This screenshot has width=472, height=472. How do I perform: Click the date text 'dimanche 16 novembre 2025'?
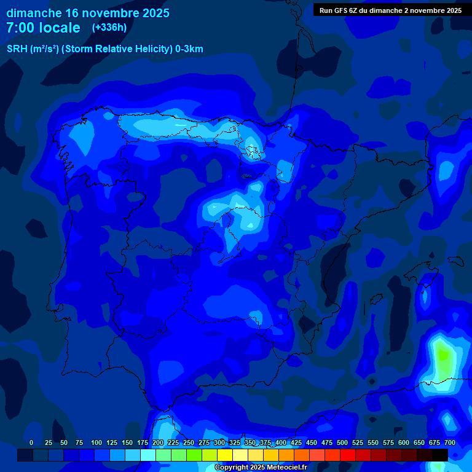click(x=88, y=13)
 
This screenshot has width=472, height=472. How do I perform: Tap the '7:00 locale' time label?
click(x=43, y=28)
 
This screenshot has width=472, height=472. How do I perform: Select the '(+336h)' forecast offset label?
click(x=109, y=28)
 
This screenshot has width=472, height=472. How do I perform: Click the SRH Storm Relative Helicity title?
click(x=104, y=49)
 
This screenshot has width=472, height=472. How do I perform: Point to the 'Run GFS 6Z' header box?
click(x=390, y=10)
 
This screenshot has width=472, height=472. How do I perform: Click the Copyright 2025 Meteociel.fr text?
click(x=260, y=467)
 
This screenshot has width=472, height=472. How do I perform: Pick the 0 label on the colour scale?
click(x=31, y=442)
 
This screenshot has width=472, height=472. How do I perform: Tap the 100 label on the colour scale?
click(x=96, y=442)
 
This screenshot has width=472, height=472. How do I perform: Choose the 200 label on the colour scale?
click(x=158, y=442)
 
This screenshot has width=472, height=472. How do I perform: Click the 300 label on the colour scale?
click(x=219, y=442)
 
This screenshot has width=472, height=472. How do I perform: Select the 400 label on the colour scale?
click(x=281, y=442)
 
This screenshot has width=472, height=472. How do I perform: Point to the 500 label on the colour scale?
click(x=342, y=442)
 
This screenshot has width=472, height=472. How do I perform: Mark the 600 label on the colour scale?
click(x=404, y=442)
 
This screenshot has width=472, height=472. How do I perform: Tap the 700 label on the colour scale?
click(x=450, y=442)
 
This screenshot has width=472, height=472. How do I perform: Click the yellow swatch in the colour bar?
click(x=225, y=455)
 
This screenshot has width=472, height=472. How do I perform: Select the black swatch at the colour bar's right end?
click(x=440, y=455)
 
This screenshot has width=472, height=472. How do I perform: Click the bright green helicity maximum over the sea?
click(x=442, y=356)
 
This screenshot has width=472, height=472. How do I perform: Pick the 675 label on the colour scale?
click(x=435, y=442)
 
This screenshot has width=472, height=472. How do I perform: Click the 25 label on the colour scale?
click(x=49, y=442)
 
